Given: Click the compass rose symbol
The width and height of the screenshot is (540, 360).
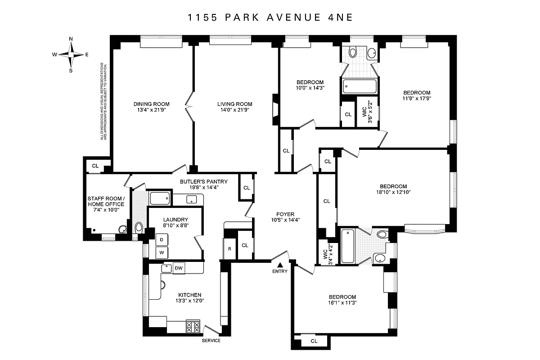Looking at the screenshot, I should [x=71, y=54].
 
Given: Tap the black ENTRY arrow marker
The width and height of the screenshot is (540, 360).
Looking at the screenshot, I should [x=280, y=265].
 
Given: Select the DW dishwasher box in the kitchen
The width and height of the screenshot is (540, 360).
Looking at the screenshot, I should [x=179, y=268].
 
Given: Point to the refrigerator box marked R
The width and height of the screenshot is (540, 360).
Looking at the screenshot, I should [x=229, y=249].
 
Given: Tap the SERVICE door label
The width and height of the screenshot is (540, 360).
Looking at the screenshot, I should [x=211, y=341].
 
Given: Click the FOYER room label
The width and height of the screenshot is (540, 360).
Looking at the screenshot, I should [x=285, y=214].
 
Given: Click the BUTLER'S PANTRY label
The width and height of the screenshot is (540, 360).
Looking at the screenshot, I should [x=204, y=182].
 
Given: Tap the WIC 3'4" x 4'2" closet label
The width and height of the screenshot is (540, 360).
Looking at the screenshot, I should [x=327, y=252].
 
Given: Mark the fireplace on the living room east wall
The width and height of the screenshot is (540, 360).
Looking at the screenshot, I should [x=275, y=109].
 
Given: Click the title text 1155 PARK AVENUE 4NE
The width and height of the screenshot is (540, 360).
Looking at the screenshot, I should [x=270, y=18].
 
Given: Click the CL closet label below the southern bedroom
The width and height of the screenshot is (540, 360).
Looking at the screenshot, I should [x=314, y=341].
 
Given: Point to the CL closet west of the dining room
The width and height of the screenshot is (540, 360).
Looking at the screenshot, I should [x=95, y=166].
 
